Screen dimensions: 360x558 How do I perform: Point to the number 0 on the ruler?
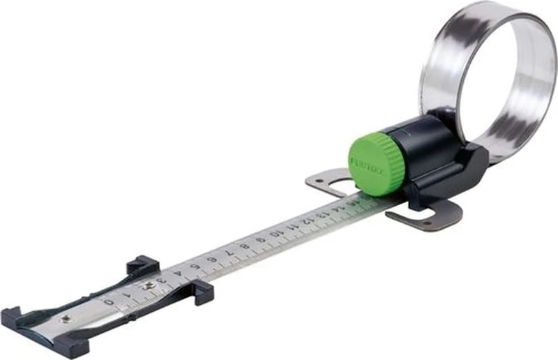(x=109, y=301)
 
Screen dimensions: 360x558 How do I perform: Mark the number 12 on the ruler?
(x=305, y=220)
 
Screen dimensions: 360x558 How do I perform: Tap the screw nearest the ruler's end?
(x=65, y=318)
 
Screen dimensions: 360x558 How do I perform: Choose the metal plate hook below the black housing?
(x=425, y=216)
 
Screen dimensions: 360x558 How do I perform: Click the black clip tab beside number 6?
(x=204, y=292)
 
